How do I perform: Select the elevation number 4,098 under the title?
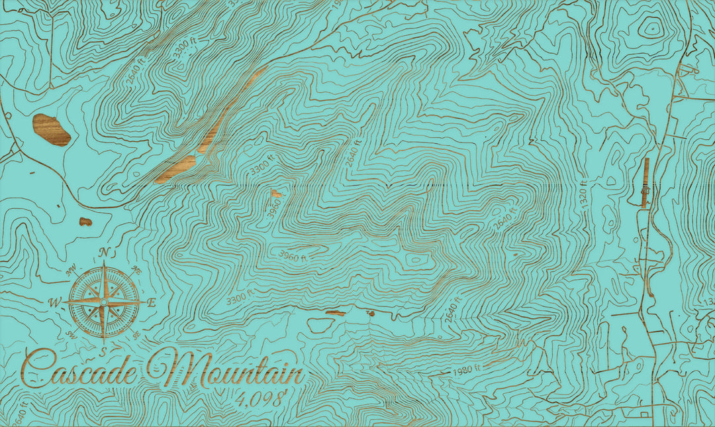[x=261, y=398]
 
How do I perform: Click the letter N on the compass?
[x=104, y=252]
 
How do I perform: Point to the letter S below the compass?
[x=103, y=350]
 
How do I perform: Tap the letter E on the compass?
[x=152, y=302]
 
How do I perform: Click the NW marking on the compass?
[x=70, y=269]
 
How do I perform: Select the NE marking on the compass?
[x=137, y=269]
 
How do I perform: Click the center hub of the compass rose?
[x=103, y=302]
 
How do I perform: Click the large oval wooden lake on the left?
[x=52, y=129]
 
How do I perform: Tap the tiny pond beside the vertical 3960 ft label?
[x=275, y=194]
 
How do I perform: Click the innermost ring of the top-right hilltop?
[x=651, y=28]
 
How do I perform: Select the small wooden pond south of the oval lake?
[x=85, y=221]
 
